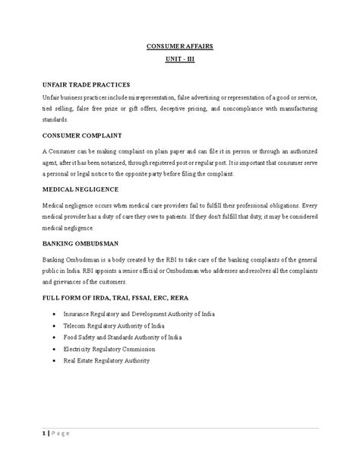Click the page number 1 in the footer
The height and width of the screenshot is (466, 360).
44,433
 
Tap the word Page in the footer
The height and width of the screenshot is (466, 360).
59,433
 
